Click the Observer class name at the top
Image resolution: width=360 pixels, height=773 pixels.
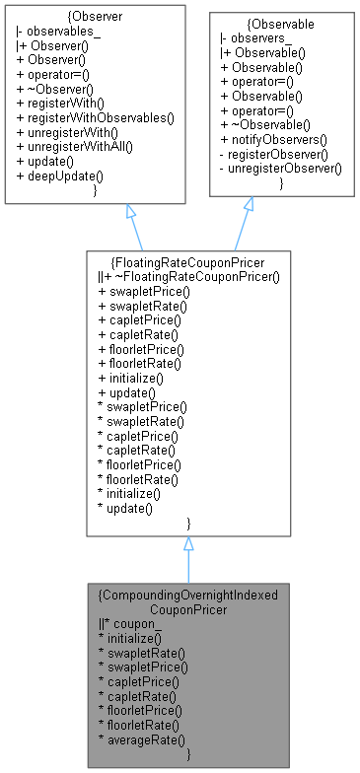(96, 18)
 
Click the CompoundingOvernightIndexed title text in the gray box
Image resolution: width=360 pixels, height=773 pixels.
(187, 596)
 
